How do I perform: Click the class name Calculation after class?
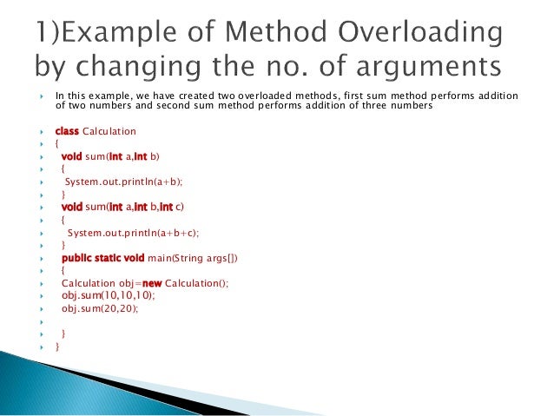click(109, 131)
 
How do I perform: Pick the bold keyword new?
click(149, 283)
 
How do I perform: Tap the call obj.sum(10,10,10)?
click(100, 295)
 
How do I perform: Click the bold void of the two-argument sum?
click(72, 156)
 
